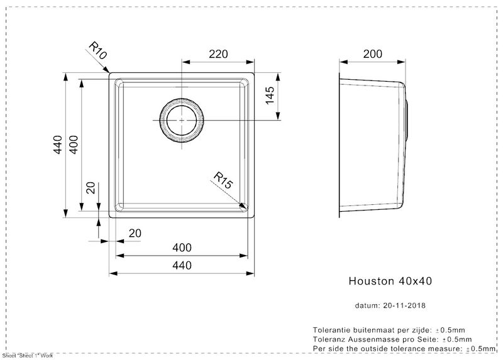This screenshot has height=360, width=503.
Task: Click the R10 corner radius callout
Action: (x=97, y=51)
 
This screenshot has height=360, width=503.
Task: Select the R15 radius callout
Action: (x=223, y=180)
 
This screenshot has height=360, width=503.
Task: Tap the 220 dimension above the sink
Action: (x=218, y=54)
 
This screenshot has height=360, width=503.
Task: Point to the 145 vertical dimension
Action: (x=270, y=95)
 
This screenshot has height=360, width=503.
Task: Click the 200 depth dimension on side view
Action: (x=372, y=54)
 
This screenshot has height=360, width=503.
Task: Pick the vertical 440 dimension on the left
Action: (x=58, y=145)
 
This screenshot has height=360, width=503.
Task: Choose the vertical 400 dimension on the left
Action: (x=74, y=145)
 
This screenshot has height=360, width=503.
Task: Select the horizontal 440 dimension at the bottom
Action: (x=182, y=265)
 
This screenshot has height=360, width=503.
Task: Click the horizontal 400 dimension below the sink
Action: (x=182, y=248)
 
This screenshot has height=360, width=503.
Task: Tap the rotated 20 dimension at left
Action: (x=91, y=187)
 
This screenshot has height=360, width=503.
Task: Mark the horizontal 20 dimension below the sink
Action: (x=135, y=233)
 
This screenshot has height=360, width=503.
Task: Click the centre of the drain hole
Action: (x=182, y=120)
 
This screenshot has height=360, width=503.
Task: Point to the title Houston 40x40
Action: (x=390, y=281)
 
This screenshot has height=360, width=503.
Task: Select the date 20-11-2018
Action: (x=404, y=305)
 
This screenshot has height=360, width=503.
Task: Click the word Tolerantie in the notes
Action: (x=331, y=330)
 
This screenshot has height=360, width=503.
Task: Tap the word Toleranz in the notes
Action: (x=328, y=339)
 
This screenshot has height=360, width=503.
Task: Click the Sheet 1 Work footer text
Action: (x=28, y=356)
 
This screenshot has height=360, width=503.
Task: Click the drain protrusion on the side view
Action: (x=407, y=120)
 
